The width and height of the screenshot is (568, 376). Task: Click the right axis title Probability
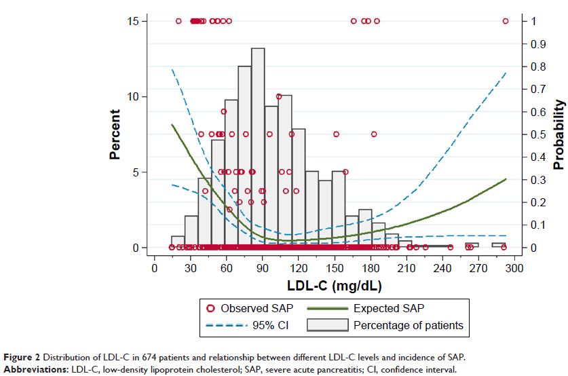[x=558, y=134]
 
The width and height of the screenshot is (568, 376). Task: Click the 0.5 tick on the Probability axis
[x=537, y=134]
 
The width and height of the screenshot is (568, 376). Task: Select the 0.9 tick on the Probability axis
[x=537, y=44]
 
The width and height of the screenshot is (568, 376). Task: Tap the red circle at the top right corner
[x=506, y=21]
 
